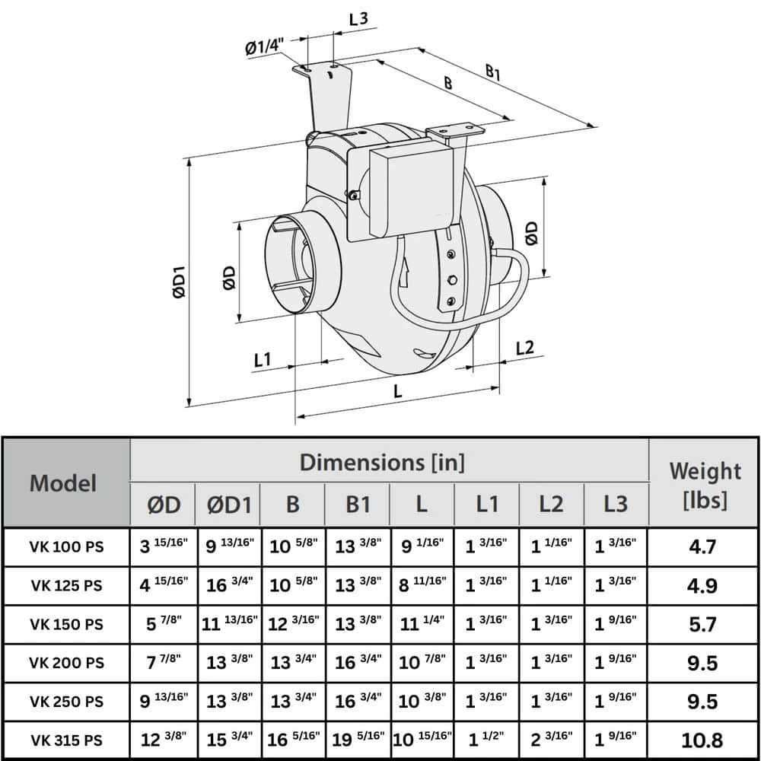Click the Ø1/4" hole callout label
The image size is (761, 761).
click(263, 47)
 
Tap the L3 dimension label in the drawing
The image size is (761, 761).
click(359, 19)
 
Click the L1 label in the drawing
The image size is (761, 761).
click(263, 359)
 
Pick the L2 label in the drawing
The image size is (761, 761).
click(525, 348)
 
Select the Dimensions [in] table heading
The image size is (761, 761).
click(382, 461)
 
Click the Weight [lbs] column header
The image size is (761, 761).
click(704, 484)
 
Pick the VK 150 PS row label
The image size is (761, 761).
click(66, 624)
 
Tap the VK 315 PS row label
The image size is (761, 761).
click(66, 740)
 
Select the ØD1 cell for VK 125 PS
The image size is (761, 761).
click(228, 585)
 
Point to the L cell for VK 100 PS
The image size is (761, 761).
click(421, 546)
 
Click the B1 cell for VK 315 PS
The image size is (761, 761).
click(357, 740)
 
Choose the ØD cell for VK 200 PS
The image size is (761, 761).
click(162, 662)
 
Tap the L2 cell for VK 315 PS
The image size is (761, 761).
click(551, 740)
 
